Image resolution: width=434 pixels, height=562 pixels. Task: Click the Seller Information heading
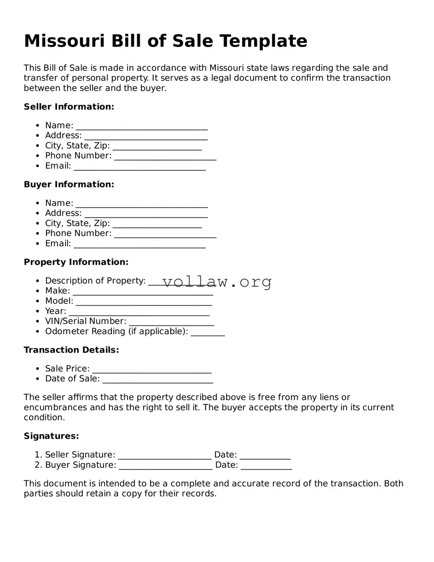tap(69, 107)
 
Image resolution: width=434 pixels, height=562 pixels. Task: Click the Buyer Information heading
tap(69, 185)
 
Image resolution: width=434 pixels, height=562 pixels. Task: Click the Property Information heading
tap(76, 262)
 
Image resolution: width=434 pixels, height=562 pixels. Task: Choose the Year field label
tap(55, 311)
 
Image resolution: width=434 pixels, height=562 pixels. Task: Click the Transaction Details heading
tap(71, 350)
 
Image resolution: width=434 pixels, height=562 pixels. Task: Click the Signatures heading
tap(51, 436)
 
